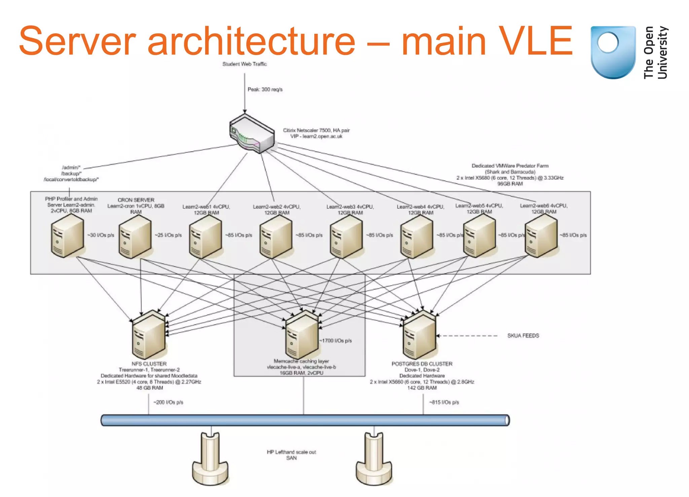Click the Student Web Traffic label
point(244,64)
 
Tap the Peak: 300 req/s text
point(265,89)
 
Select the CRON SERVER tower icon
point(135,237)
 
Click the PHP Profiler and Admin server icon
point(67,236)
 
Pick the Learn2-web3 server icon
point(346,237)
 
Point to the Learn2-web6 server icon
point(541,236)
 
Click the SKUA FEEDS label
point(523,336)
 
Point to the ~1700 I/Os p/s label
point(335,341)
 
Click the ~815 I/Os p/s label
point(444,402)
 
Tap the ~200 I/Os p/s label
point(168,402)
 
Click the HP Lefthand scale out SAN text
point(291,455)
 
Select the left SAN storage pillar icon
point(210,459)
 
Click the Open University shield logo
point(613,52)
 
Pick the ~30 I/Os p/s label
point(101,235)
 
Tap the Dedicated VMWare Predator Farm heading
point(510,166)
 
